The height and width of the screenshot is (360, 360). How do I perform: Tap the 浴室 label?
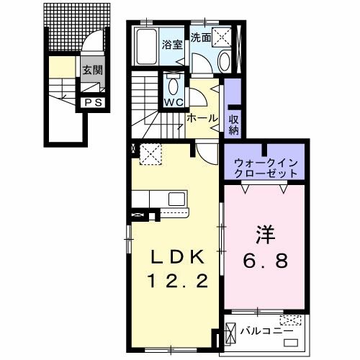(171, 42)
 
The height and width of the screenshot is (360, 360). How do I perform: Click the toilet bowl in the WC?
(173, 86)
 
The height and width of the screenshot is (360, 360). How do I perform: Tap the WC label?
(173, 102)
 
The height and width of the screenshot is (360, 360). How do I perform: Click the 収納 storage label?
(234, 124)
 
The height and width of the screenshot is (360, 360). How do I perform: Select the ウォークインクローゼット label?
(265, 168)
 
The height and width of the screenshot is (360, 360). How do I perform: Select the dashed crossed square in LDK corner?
(150, 153)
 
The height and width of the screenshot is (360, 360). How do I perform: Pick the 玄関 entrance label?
(91, 70)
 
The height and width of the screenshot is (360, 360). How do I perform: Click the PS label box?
(94, 103)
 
